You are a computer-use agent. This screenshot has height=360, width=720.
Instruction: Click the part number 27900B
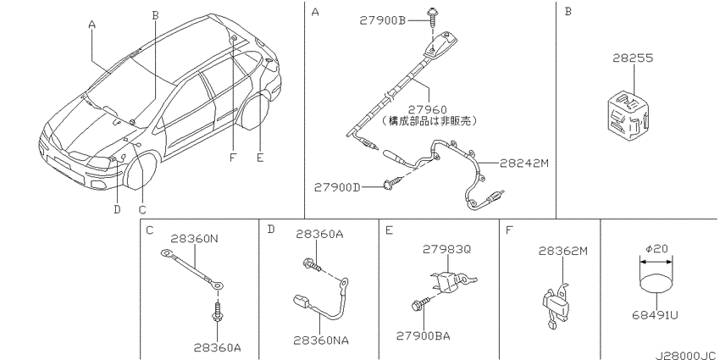point(384,20)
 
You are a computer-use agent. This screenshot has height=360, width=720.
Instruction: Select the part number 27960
point(427,110)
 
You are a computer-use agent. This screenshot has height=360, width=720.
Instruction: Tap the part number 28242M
point(525,163)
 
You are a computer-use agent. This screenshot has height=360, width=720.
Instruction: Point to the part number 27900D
point(337,187)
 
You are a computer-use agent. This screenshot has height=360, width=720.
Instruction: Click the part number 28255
point(633,58)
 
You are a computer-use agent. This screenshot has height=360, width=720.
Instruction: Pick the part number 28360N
point(194,239)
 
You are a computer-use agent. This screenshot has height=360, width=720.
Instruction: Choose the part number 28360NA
point(321,341)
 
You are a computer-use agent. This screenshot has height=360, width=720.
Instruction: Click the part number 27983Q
point(446,249)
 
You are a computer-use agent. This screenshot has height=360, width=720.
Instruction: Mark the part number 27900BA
point(424,336)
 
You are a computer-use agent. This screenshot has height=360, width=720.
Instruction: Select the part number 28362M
point(563,251)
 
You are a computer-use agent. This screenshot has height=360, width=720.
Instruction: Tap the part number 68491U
point(656,315)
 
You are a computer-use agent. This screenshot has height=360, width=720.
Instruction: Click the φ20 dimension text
point(656,249)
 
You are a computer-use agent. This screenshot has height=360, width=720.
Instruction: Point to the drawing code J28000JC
point(687,356)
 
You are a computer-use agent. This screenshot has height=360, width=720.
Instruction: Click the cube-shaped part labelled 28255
point(628,114)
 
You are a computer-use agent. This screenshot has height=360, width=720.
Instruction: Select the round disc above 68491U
point(656,284)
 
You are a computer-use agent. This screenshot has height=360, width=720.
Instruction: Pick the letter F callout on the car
point(233,158)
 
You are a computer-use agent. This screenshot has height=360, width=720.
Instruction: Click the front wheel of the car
point(141,171)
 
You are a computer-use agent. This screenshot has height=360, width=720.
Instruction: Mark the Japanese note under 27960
point(430,121)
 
